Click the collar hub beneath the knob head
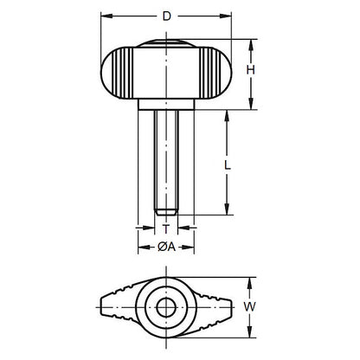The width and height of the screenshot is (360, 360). pyautogui.click(x=167, y=106)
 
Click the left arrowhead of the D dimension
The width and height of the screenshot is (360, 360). pyautogui.click(x=105, y=16)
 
